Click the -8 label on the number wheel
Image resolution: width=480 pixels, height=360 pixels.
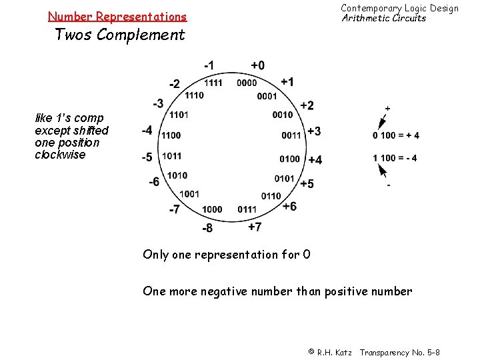click(208, 229)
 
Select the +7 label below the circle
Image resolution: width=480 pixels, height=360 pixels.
click(255, 227)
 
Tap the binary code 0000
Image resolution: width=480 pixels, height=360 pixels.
click(247, 83)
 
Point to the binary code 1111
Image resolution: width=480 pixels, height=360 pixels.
click(213, 83)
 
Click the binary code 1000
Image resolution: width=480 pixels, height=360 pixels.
click(212, 209)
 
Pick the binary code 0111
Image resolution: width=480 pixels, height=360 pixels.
click(247, 209)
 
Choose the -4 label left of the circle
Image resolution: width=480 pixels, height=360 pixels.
click(147, 130)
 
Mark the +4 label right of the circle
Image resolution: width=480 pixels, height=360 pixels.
click(315, 160)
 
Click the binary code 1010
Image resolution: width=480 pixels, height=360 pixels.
click(177, 175)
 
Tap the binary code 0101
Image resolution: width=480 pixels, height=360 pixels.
click(284, 179)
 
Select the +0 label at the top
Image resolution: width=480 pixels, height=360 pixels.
click(257, 65)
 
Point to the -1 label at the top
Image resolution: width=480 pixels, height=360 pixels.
click(209, 65)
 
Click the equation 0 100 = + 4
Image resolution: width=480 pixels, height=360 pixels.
click(396, 135)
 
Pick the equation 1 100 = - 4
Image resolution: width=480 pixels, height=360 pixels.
click(395, 158)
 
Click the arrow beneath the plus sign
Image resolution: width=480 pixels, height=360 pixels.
click(382, 121)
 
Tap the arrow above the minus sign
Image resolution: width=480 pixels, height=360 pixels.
click(383, 171)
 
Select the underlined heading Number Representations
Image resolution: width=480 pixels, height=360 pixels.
click(117, 16)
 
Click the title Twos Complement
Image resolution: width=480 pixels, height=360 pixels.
click(119, 35)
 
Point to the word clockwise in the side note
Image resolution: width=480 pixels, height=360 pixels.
click(60, 155)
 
